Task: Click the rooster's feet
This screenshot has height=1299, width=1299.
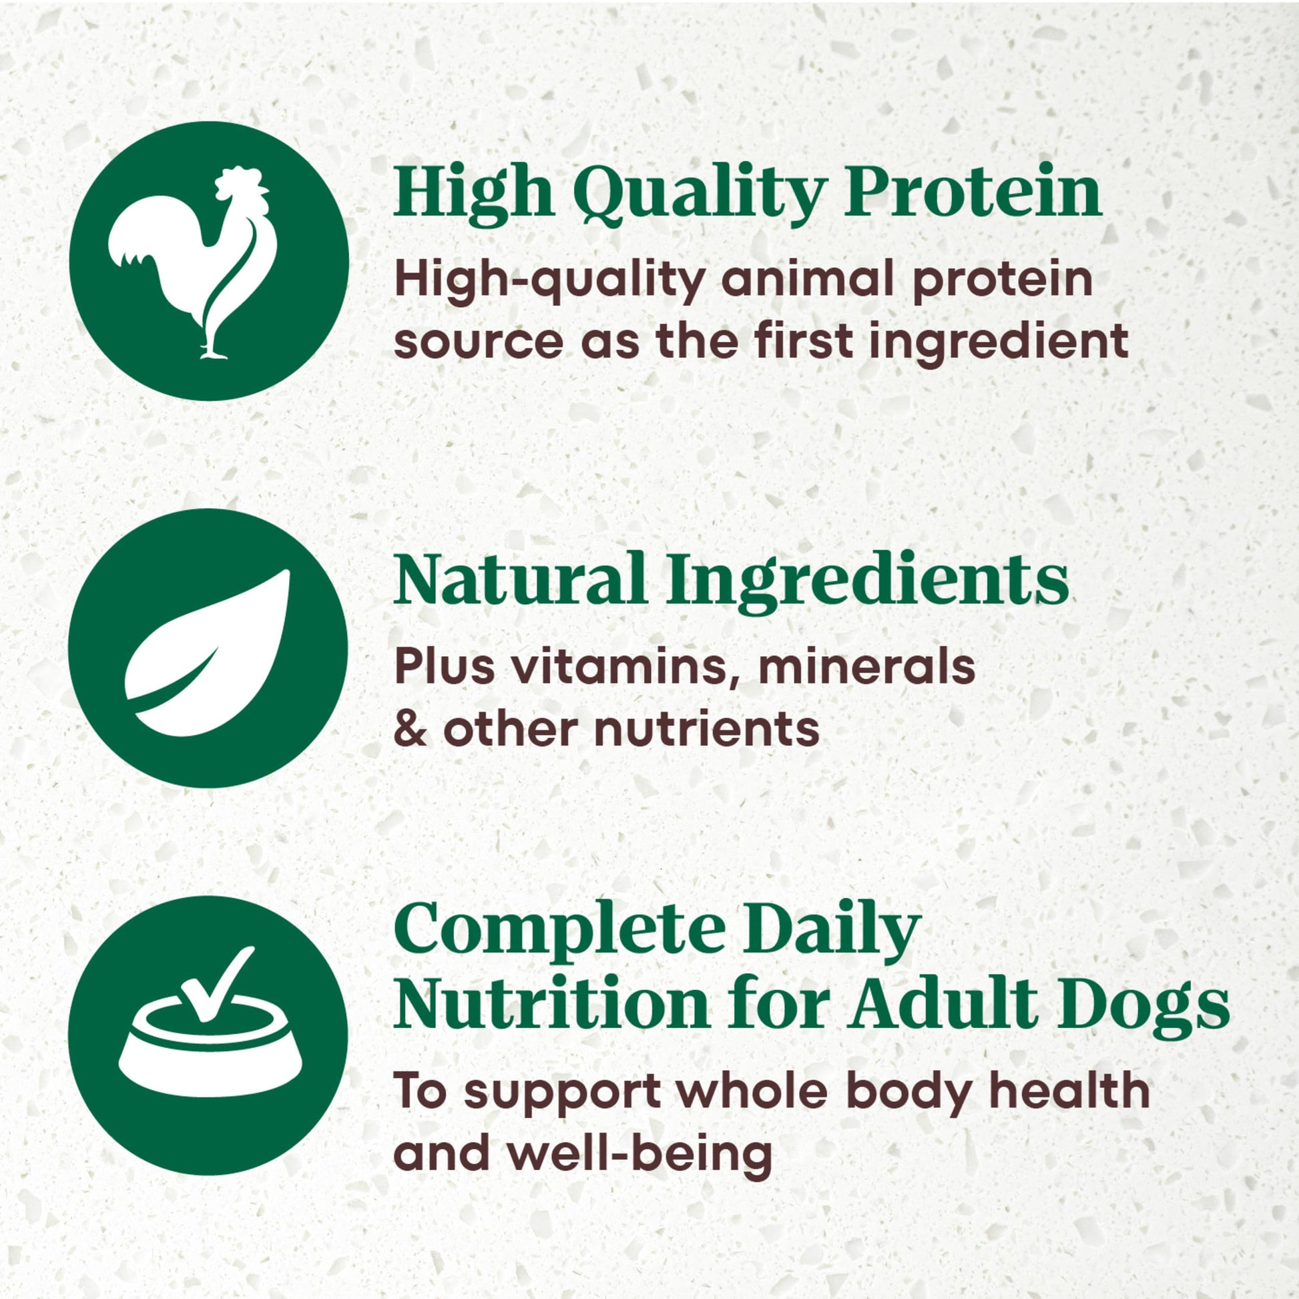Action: point(214,351)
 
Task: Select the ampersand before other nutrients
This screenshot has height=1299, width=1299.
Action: point(410,729)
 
